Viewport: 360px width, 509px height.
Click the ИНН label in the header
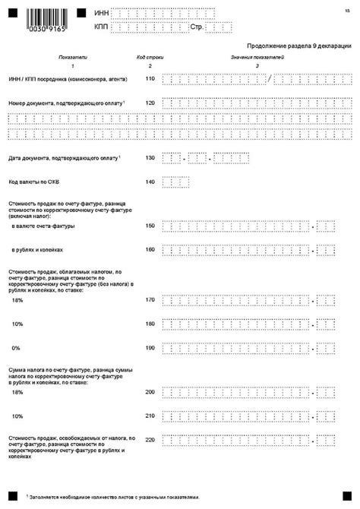101,13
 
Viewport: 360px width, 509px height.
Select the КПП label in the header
101,26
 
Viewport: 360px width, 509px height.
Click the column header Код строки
149,58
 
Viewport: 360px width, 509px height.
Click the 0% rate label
17,347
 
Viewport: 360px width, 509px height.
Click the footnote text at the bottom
114,495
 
